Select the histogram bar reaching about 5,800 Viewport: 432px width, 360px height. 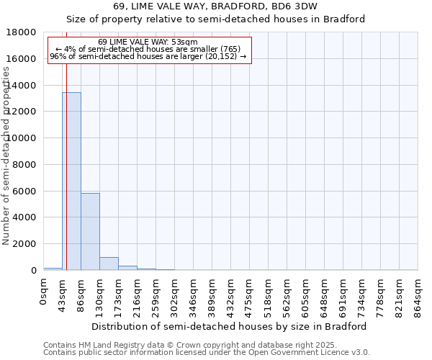pos(90,231)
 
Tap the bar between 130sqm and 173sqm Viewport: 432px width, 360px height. pos(109,264)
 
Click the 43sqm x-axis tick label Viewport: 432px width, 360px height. pos(63,294)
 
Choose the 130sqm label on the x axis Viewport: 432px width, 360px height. pos(100,294)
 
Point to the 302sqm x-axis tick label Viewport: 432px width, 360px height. pos(175,294)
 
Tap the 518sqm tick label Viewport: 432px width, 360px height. pos(269,294)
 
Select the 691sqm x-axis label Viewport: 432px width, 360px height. pos(343,294)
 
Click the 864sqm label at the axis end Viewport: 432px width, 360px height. pos(418,294)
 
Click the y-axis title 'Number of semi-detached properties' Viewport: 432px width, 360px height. pos(7,172)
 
